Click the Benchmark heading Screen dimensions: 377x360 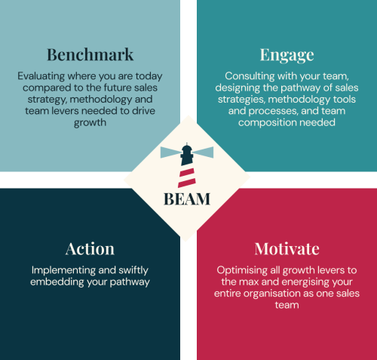90,54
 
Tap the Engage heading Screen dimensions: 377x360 287,55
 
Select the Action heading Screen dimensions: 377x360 90,249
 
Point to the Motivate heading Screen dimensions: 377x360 287,249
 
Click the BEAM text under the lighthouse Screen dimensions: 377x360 187,199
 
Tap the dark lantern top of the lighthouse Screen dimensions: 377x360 187,155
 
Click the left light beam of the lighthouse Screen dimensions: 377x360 170,152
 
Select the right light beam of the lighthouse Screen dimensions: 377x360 203,152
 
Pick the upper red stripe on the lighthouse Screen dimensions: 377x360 187,173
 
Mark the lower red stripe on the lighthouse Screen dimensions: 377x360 187,183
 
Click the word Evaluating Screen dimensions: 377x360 41,76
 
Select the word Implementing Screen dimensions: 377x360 63,270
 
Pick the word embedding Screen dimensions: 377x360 57,282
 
